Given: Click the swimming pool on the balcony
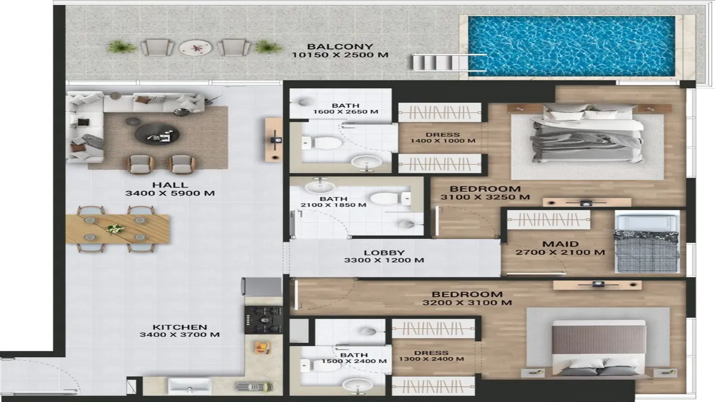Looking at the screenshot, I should pos(571,46).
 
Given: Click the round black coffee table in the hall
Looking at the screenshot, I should pos(158,134).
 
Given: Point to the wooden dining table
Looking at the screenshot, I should pos(117,229).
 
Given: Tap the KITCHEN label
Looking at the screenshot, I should pos(180,327).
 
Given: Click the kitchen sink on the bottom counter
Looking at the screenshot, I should pos(189,386).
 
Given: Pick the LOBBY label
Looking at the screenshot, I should pos(384,252).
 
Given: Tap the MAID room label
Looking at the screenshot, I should pos(560,244).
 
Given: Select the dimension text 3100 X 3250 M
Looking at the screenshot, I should pos(485,197).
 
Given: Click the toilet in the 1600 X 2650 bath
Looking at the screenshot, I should pos(326,143).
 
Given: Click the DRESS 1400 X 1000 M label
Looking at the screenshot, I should pos(442,137).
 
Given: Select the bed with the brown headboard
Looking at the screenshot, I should pos(598,347).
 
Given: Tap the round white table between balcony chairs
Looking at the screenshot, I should pos(196,47).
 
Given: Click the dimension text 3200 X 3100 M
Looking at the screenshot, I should pos(467,303).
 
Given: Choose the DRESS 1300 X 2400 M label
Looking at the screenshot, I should pos(431,356).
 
